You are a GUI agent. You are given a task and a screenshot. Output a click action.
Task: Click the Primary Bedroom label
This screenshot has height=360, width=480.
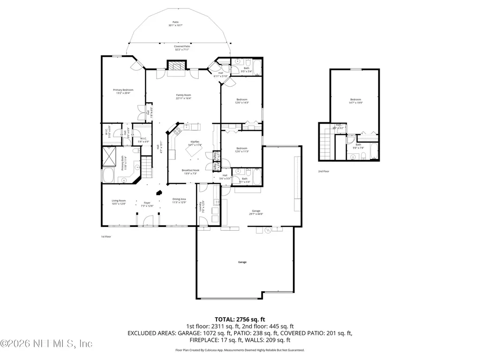[123, 91]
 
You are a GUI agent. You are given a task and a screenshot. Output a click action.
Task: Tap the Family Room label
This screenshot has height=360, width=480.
[183, 97]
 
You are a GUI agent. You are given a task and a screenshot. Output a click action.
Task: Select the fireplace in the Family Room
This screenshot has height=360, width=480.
[177, 67]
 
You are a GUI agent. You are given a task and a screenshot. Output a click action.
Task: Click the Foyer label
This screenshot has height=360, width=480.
[147, 204]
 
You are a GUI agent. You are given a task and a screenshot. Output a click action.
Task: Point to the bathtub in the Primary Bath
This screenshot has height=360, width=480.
[109, 177]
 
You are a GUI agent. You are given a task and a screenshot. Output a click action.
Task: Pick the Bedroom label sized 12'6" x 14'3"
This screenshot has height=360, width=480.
[242, 101]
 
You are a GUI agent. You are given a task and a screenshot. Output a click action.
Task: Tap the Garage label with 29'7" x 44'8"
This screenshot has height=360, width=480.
[256, 212]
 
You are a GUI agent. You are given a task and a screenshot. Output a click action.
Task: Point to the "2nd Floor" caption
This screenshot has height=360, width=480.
[323, 172]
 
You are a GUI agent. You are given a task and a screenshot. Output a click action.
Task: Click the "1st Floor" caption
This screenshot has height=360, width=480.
[106, 237]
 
